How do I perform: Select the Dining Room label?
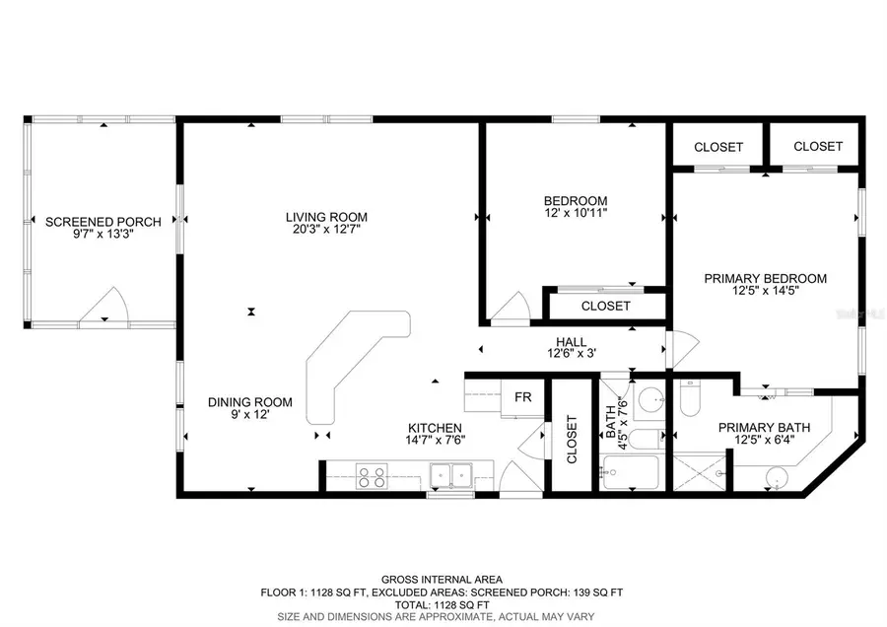(x=249, y=401)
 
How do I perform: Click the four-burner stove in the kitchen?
(x=372, y=477)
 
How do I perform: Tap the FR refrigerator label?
(x=523, y=397)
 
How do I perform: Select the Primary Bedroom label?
(x=765, y=278)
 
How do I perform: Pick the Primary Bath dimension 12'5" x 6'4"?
(x=764, y=441)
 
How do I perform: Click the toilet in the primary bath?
(x=689, y=400)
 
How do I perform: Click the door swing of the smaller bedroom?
(x=513, y=308)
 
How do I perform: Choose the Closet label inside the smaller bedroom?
(x=605, y=306)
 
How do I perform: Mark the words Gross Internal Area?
(x=443, y=579)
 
